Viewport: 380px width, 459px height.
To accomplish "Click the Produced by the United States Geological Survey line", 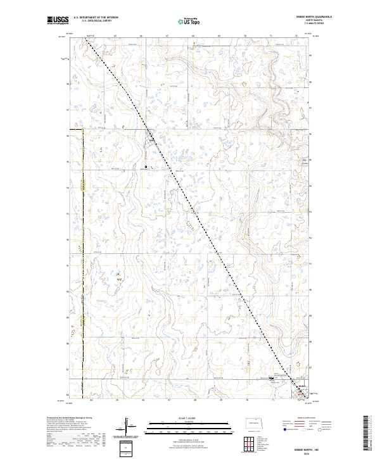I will click(70, 418).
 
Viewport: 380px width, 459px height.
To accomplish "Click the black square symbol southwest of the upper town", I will click(146, 167).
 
